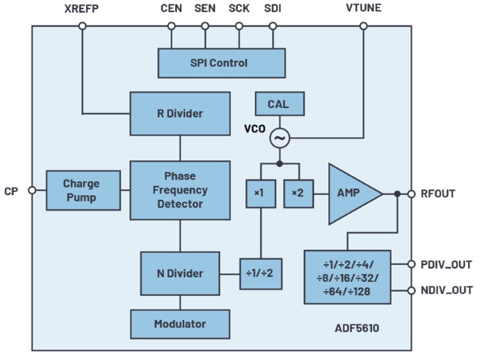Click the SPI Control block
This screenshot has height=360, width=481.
(x=222, y=63)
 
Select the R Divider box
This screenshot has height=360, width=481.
(x=180, y=114)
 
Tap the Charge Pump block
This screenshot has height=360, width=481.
(x=83, y=190)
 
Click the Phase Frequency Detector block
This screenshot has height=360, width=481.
(x=180, y=190)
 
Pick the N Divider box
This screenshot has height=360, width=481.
(x=180, y=273)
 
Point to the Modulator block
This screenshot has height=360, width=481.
(x=180, y=324)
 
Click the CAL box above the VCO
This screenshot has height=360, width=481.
(x=279, y=104)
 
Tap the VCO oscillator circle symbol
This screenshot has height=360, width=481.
(x=279, y=138)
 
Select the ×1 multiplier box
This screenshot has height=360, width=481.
(x=261, y=193)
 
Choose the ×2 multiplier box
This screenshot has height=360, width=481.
(x=299, y=193)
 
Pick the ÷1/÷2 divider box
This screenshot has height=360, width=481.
(x=261, y=274)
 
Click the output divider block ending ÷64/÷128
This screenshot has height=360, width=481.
(x=348, y=277)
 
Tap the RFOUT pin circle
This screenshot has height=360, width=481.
(x=411, y=194)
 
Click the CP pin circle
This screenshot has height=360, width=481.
(x=32, y=190)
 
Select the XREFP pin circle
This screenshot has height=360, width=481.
(x=82, y=26)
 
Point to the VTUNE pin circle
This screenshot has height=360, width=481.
(x=363, y=26)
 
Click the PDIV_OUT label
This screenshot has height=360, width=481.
(x=446, y=265)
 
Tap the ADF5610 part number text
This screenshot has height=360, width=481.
(x=357, y=328)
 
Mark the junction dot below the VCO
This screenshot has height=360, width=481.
(x=279, y=164)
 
